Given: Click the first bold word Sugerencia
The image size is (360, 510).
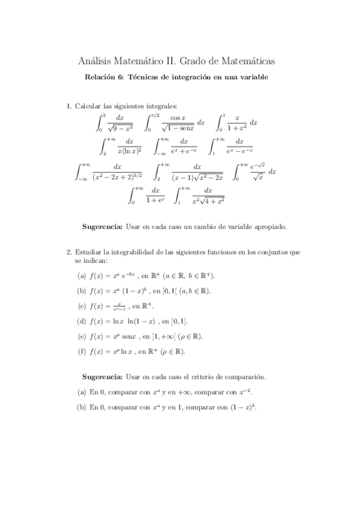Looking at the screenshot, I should [101, 227].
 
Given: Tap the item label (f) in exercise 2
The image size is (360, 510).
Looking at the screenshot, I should [81, 351].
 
